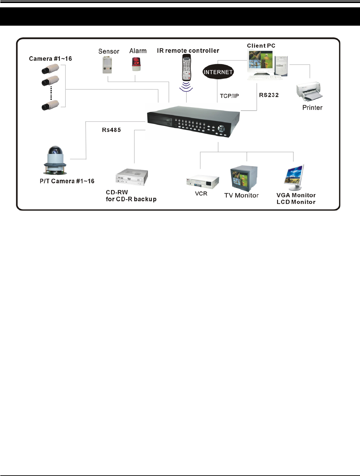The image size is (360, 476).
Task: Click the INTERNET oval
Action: [x=218, y=72]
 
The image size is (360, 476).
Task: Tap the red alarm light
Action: [x=136, y=64]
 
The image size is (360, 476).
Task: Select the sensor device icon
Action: [x=107, y=65]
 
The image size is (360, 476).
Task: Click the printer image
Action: [x=310, y=91]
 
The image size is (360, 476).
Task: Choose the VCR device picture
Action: [x=202, y=182]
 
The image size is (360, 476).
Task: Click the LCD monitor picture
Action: [x=295, y=177]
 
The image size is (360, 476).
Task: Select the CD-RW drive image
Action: [x=132, y=177]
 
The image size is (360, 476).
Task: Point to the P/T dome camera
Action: [x=55, y=160]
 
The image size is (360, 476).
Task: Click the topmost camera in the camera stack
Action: [x=50, y=69]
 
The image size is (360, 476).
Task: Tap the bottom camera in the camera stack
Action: [x=50, y=105]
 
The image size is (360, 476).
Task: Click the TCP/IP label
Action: [x=229, y=96]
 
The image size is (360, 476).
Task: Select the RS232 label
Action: [x=269, y=95]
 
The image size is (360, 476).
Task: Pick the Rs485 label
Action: [x=111, y=130]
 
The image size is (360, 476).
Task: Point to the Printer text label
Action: [x=312, y=108]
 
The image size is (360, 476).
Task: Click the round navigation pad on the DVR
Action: [x=221, y=128]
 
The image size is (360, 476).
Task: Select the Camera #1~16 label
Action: [x=50, y=59]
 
